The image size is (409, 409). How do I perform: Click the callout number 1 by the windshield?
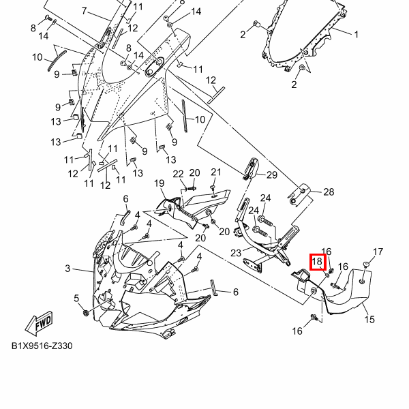coord(354,33)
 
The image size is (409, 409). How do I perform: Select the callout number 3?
coord(67,269)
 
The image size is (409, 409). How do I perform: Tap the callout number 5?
coord(76,298)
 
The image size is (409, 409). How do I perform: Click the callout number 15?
coord(369,319)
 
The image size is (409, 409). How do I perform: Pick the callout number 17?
coord(378,252)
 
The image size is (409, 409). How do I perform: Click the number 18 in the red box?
coord(318,261)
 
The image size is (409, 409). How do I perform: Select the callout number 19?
coord(159,183)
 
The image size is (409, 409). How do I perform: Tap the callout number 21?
coord(215,172)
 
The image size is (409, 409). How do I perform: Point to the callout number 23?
coord(236,253)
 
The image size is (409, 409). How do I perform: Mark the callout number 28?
coord(329,192)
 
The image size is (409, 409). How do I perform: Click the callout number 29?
coord(271,175)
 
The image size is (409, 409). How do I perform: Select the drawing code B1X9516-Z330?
coord(42,346)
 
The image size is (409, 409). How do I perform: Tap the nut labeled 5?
coord(85,312)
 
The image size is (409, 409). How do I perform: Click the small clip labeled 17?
coord(366,263)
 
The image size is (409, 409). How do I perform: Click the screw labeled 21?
coord(213,187)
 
